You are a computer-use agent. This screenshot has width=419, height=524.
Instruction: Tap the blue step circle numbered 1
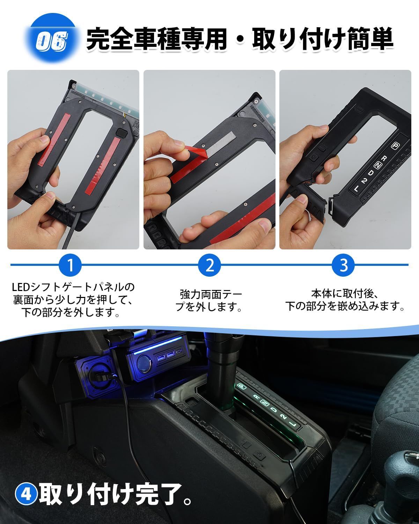click(x=70, y=265)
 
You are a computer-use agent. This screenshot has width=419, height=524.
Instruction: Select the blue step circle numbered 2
click(x=209, y=265)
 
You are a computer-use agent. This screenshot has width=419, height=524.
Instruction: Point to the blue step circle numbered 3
click(x=343, y=265)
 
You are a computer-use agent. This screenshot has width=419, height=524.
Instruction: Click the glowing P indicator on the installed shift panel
click(x=241, y=386)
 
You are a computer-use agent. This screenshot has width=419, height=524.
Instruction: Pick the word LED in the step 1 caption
click(x=21, y=287)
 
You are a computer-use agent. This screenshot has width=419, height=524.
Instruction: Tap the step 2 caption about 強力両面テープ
click(x=209, y=300)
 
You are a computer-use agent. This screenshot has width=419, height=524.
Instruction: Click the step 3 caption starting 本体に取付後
click(x=345, y=300)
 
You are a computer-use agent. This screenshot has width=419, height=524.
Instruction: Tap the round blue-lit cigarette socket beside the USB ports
click(x=144, y=364)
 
